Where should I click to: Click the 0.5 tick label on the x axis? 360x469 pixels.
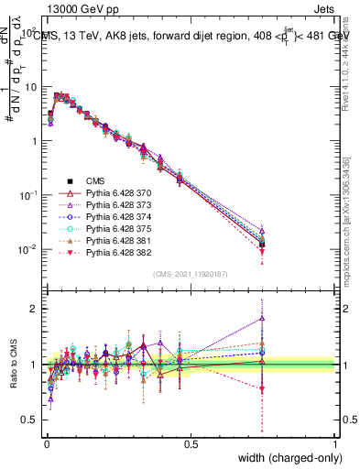[190, 443]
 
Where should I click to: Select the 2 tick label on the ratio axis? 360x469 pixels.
[33, 309]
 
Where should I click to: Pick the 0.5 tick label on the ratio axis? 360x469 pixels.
[30, 420]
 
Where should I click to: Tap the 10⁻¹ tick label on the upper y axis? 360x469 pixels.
[28, 195]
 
